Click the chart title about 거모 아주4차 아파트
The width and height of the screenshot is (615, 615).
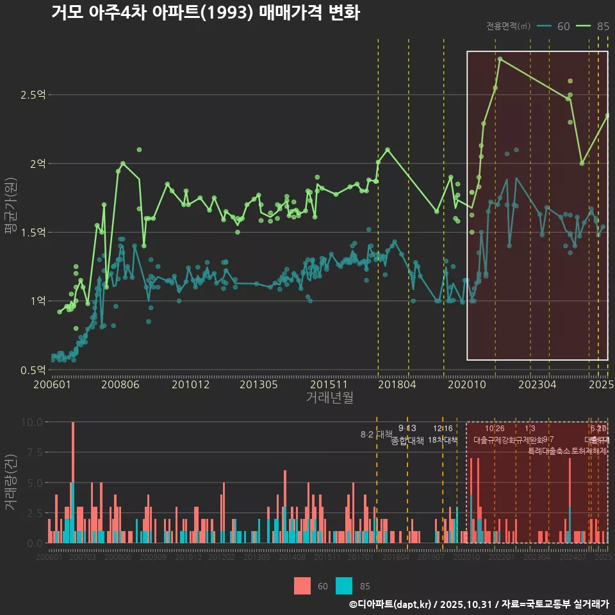click(205, 13)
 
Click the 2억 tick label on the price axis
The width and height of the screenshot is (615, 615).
click(37, 163)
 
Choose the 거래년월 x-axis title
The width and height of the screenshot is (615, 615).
click(329, 398)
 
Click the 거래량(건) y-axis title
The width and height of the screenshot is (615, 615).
click(11, 482)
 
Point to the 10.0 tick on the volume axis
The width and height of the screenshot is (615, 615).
click(32, 422)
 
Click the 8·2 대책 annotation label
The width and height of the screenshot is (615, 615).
click(376, 434)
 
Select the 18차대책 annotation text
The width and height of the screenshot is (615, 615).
click(443, 440)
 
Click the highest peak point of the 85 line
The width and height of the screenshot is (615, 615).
click(500, 59)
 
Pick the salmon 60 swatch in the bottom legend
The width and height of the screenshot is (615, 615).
click(302, 586)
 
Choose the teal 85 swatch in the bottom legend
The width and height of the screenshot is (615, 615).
click(345, 586)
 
